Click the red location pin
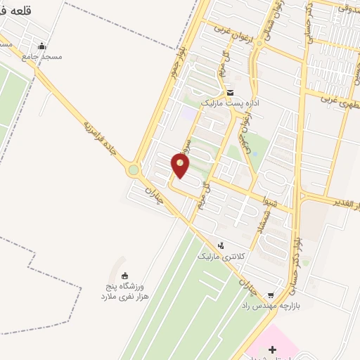click(x=181, y=166)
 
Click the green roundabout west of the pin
click(x=134, y=169)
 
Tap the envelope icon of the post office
click(x=230, y=92)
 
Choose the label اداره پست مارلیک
click(x=231, y=103)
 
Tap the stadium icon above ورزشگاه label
click(x=125, y=275)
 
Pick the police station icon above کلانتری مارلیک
click(x=221, y=245)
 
